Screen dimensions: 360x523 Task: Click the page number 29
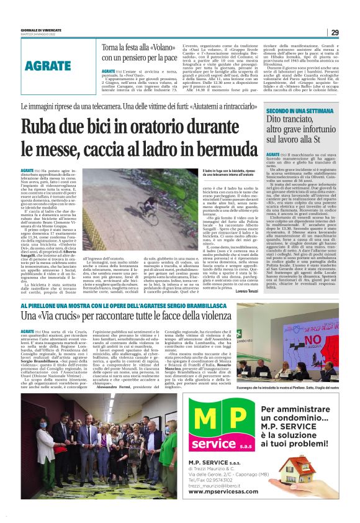tap(335, 32)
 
